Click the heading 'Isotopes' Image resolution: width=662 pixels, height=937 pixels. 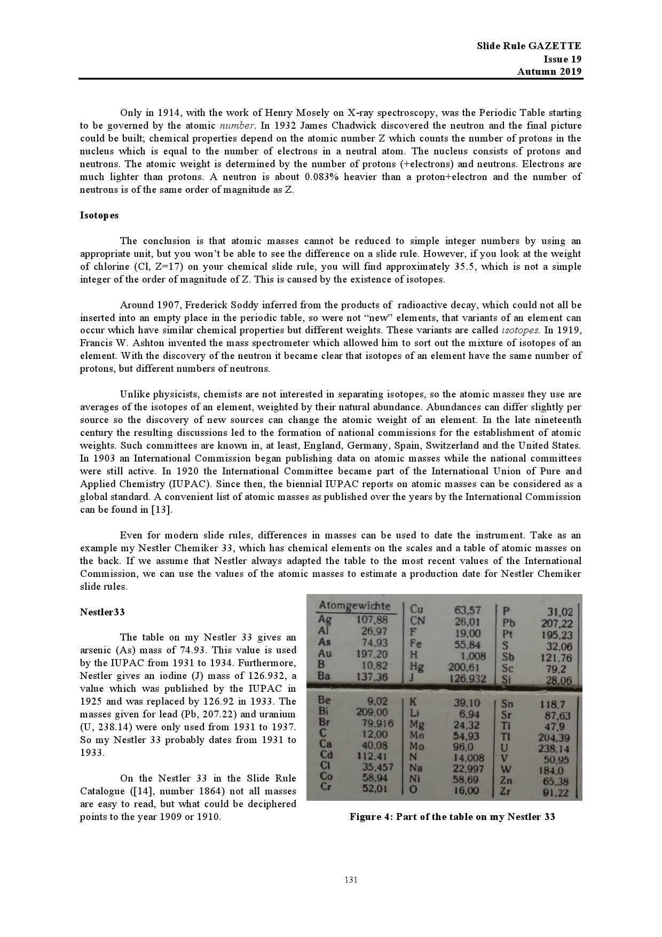coord(99,215)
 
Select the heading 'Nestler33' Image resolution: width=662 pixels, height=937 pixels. coord(103,612)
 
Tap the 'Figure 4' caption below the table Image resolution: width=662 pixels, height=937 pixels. coord(452,817)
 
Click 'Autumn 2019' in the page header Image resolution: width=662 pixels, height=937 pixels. coord(549,72)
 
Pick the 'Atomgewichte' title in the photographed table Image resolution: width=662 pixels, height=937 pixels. coord(354,606)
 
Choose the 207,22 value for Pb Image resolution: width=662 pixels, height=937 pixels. coord(556,623)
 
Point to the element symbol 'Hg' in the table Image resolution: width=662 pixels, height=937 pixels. coord(416,666)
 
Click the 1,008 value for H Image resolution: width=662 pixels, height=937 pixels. coord(473,656)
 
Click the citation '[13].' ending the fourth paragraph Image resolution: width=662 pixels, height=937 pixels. coord(161,510)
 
